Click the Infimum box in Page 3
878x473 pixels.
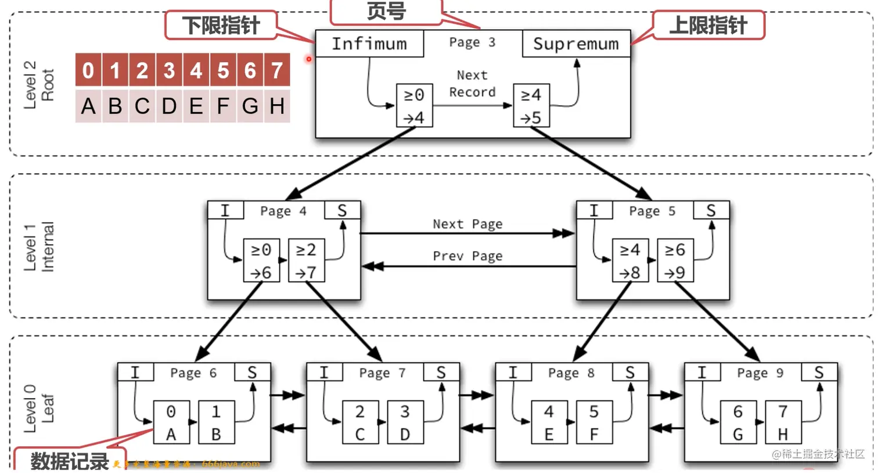369,44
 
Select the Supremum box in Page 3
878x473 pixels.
576,44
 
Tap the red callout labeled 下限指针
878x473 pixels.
221,26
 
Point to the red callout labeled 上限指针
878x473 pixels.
708,26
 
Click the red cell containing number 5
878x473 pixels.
223,70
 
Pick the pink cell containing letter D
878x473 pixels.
169,106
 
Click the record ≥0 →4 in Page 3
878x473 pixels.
414,106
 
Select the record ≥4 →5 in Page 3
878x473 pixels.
531,106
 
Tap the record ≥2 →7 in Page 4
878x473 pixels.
306,261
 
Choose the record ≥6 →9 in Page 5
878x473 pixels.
675,261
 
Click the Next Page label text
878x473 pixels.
467,224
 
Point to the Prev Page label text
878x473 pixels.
467,256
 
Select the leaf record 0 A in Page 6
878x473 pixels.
171,422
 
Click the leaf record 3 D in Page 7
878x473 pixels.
405,422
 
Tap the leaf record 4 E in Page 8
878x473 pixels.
549,422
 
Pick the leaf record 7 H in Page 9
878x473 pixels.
783,422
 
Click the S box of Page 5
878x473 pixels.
711,210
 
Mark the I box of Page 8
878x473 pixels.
513,372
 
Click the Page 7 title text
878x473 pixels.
382,373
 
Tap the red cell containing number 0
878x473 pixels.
88,70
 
